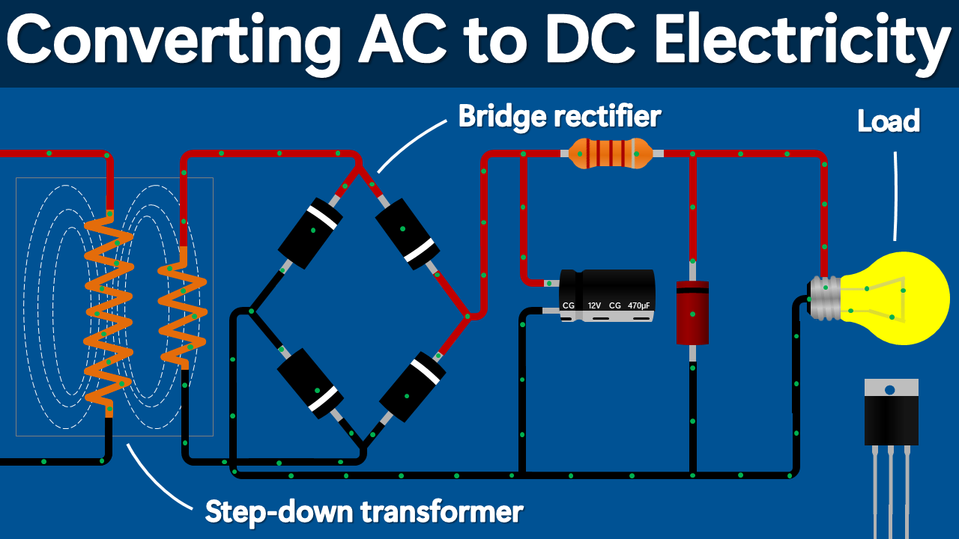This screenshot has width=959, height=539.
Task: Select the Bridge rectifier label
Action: point(559,116)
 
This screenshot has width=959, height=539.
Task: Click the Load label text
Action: point(889,121)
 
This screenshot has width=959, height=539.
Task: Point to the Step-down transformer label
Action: point(363,512)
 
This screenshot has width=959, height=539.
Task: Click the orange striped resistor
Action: point(611,153)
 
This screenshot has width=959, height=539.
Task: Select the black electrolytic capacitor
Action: point(608,295)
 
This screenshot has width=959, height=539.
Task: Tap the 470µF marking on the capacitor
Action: point(639,305)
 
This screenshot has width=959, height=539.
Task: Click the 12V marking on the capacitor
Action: point(594,305)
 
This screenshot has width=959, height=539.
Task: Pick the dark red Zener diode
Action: point(692,313)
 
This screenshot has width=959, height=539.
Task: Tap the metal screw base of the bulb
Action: point(825,298)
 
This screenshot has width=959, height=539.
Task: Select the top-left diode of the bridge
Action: point(310,233)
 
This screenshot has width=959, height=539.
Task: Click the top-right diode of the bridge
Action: point(406,233)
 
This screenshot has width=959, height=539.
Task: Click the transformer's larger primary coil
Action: point(109,311)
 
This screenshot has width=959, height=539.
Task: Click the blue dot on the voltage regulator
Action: point(890,390)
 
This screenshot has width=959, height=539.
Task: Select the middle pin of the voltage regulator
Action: point(891,487)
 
